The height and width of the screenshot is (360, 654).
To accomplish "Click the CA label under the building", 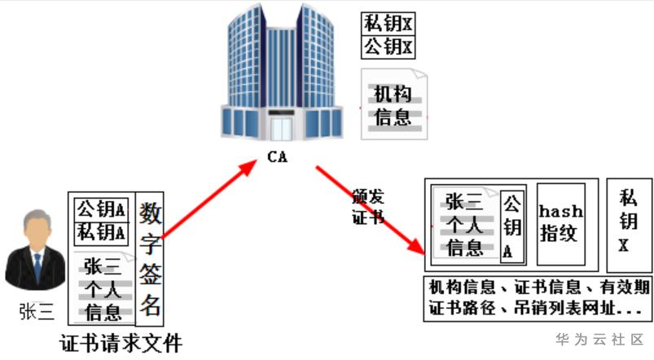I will tap(277, 156).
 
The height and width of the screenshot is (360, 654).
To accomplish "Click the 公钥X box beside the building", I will tap(388, 46).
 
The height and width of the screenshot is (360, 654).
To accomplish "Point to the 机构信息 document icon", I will tap(393, 106).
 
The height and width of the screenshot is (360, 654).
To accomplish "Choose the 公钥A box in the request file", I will tap(102, 209).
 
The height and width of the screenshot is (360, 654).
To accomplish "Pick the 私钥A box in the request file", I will tap(102, 232).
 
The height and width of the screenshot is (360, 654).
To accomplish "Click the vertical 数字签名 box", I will tap(150, 259).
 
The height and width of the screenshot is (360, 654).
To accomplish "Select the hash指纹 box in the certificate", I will tap(561, 223).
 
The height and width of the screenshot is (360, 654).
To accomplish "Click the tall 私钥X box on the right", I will tap(627, 225).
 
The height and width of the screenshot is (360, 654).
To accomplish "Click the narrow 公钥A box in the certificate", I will tap(511, 227).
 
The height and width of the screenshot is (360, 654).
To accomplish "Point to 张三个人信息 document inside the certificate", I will tap(464, 224).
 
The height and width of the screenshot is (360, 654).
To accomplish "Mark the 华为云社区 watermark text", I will tap(599, 339).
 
